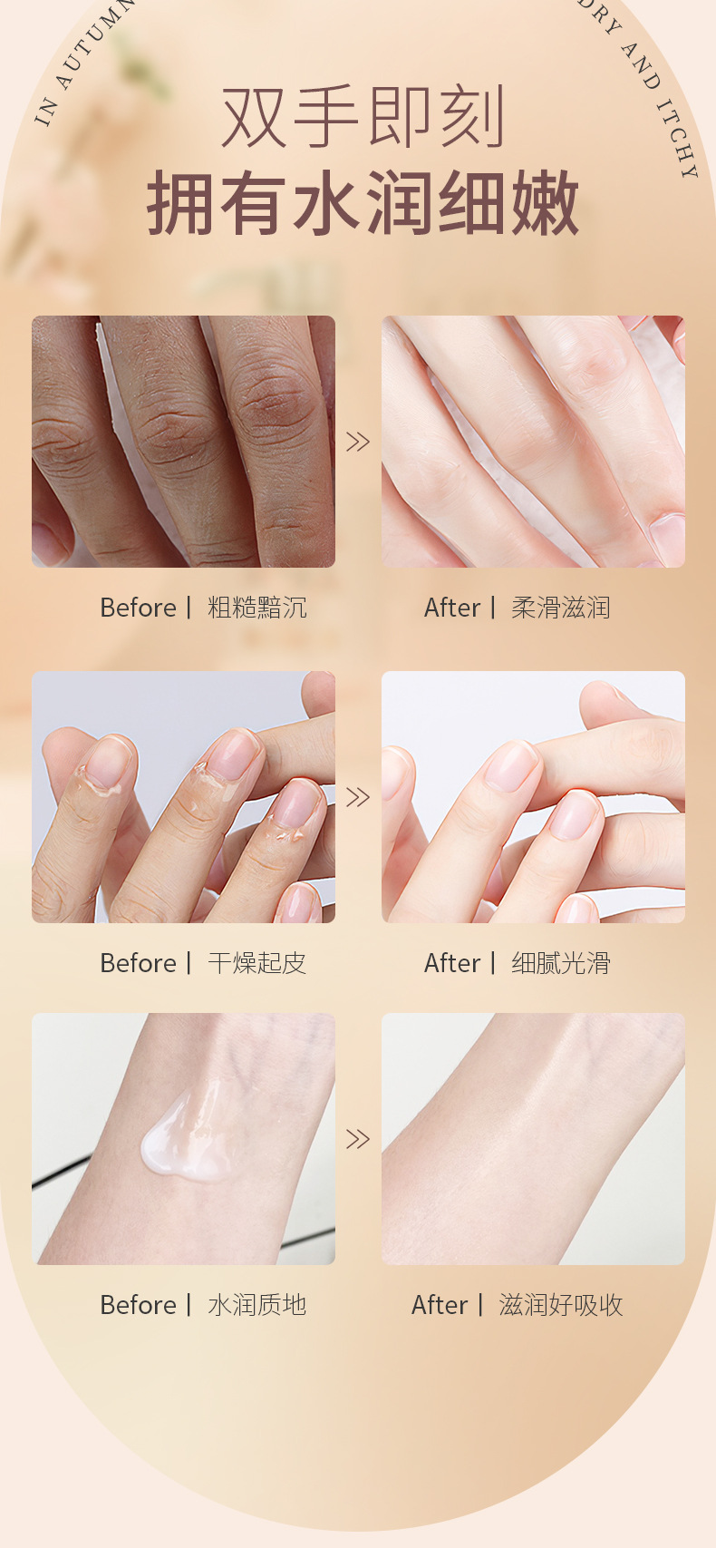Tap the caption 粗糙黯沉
click(257, 608)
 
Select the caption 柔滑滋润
click(561, 608)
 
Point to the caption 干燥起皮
click(257, 963)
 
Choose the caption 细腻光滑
click(561, 963)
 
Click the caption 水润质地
click(257, 1306)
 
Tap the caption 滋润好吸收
click(561, 1306)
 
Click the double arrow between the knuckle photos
click(358, 442)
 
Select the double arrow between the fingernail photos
click(358, 797)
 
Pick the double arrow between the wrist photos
click(358, 1139)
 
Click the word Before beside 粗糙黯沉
click(138, 608)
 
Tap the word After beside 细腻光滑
click(452, 963)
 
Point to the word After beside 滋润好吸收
click(440, 1306)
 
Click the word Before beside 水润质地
click(138, 1306)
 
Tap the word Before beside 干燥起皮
click(138, 963)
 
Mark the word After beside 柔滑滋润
click(452, 608)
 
